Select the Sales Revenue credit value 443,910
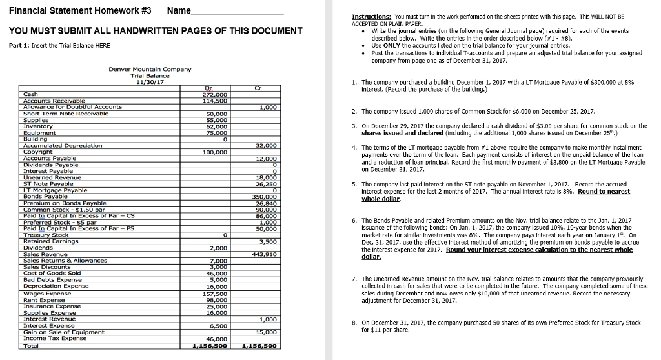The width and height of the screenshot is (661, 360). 265,254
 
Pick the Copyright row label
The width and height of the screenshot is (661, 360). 38,152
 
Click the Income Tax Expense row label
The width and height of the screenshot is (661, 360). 54,338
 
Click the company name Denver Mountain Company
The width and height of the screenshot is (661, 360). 150,69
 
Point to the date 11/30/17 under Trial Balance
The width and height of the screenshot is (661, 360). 150,82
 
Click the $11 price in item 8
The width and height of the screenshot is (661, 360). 379,329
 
